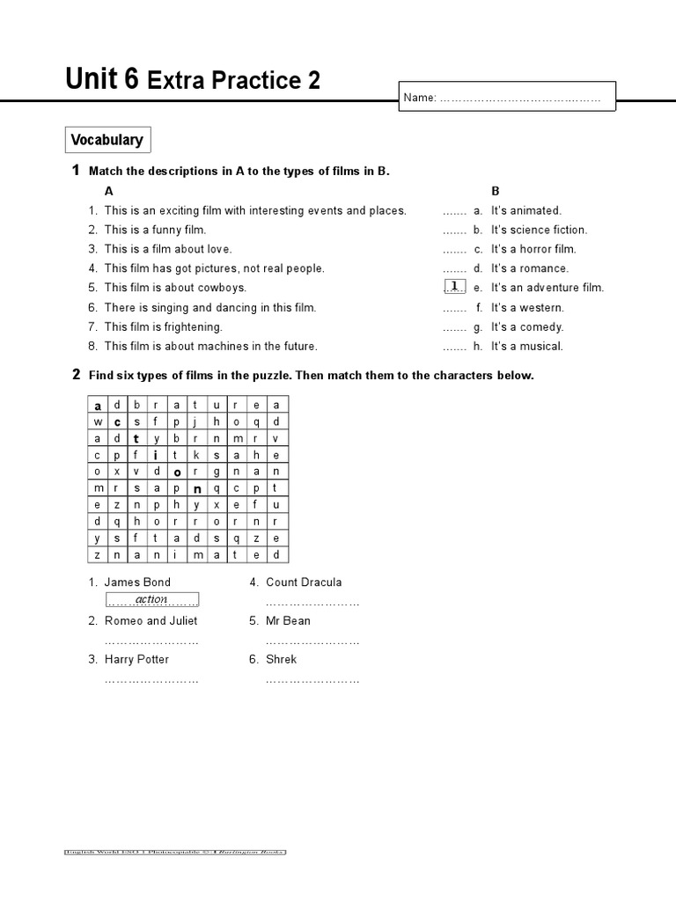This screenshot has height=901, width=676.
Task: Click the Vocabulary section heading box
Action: point(107,140)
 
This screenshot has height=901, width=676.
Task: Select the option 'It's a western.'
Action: point(527,308)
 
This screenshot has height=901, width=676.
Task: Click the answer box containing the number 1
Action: point(453,287)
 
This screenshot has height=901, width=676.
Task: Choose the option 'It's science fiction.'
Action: point(539,230)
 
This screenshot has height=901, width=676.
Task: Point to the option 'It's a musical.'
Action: point(526,347)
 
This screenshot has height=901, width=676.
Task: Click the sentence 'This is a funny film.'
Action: point(155,230)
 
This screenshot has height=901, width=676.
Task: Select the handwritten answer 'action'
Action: point(151,600)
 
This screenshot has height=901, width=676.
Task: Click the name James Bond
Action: point(137,582)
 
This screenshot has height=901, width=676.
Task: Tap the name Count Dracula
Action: point(304,582)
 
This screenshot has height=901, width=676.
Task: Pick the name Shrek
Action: point(282,660)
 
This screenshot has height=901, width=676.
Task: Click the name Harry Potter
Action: point(136,660)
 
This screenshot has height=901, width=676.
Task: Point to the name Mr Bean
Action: point(288,621)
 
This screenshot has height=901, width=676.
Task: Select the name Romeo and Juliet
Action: point(151,621)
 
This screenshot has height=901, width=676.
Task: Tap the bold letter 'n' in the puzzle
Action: point(198,488)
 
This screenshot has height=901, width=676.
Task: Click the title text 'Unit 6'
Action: point(102,81)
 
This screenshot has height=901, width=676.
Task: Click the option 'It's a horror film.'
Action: point(533,249)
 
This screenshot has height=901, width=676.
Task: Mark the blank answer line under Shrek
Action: point(312,680)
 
